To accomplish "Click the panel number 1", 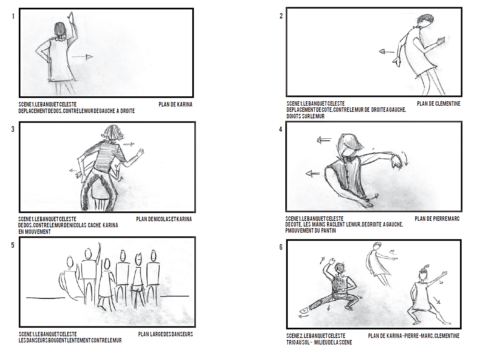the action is [13, 16].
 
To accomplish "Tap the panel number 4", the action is [280, 129].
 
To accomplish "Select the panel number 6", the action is [281, 247].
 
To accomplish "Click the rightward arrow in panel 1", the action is [82, 57].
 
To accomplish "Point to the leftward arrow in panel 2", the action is [387, 52].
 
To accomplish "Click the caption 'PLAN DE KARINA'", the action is [176, 104].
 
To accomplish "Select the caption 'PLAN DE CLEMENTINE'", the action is [438, 104].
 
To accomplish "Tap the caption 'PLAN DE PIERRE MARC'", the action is [437, 219].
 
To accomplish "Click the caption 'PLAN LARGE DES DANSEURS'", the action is [165, 334].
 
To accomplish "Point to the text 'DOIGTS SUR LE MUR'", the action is [305, 116].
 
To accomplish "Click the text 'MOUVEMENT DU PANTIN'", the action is [312, 231].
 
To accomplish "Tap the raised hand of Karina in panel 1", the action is [71, 16].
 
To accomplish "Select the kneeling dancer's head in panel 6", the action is [340, 269].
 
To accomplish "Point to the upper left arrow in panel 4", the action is [324, 140].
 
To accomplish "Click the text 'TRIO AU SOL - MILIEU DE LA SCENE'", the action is [319, 342].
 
